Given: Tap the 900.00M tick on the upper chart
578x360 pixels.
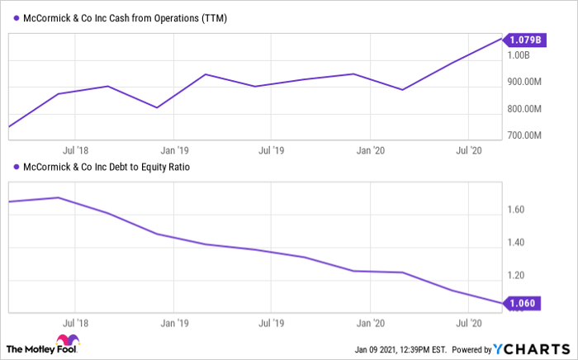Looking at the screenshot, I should (x=524, y=82).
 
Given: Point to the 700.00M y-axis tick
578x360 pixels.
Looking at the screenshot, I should (x=524, y=135).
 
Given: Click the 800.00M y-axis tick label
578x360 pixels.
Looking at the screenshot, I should (x=524, y=109).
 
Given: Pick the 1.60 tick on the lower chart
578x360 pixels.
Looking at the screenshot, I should (x=515, y=210).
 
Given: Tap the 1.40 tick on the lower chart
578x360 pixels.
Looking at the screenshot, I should (x=515, y=243).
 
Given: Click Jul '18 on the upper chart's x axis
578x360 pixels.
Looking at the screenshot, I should (x=75, y=151).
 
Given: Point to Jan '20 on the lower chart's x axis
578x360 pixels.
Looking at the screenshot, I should (x=367, y=324).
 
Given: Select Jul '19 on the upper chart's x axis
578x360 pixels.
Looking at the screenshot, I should (x=270, y=151).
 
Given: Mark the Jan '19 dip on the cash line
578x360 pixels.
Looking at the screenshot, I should (x=156, y=107).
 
